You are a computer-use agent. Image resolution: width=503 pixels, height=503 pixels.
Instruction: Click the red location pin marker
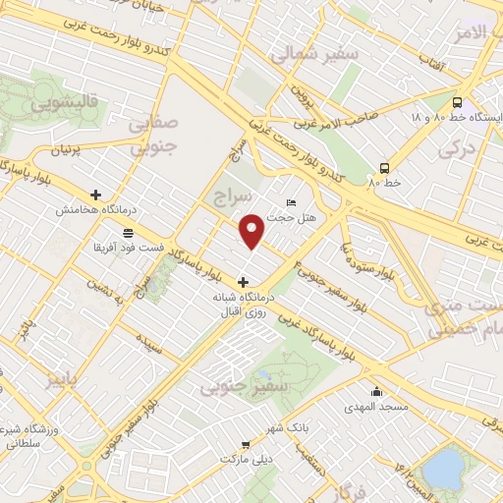click(x=253, y=232)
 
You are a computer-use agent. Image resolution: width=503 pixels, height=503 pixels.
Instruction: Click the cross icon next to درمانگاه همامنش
click(x=95, y=195)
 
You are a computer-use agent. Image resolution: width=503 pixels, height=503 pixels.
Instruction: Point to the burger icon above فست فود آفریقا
click(x=129, y=231)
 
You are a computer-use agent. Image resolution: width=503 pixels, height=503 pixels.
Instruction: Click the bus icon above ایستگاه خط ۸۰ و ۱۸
click(x=456, y=102)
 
